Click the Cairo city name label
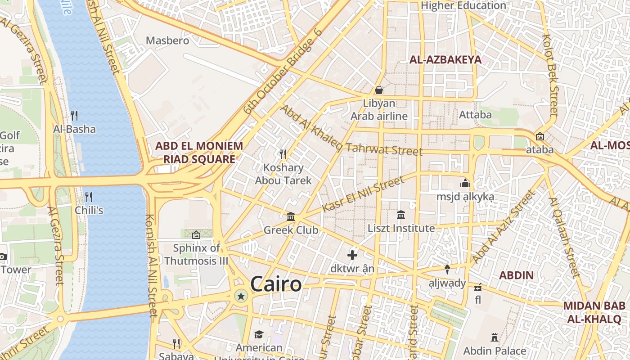click(276, 284)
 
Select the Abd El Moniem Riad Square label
click(199, 153)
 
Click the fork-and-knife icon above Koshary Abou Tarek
click(283, 154)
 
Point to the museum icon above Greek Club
click(291, 217)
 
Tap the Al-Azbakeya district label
click(445, 59)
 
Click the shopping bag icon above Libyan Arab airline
click(379, 90)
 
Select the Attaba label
click(475, 115)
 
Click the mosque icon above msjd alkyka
click(465, 183)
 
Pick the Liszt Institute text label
click(401, 228)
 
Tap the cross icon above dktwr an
click(352, 256)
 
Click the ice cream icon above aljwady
click(447, 270)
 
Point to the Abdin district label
click(517, 275)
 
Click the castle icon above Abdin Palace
click(495, 337)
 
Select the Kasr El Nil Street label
click(364, 194)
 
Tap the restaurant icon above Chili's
click(89, 197)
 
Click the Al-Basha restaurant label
click(75, 129)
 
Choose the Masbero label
click(167, 40)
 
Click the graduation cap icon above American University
click(259, 334)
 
